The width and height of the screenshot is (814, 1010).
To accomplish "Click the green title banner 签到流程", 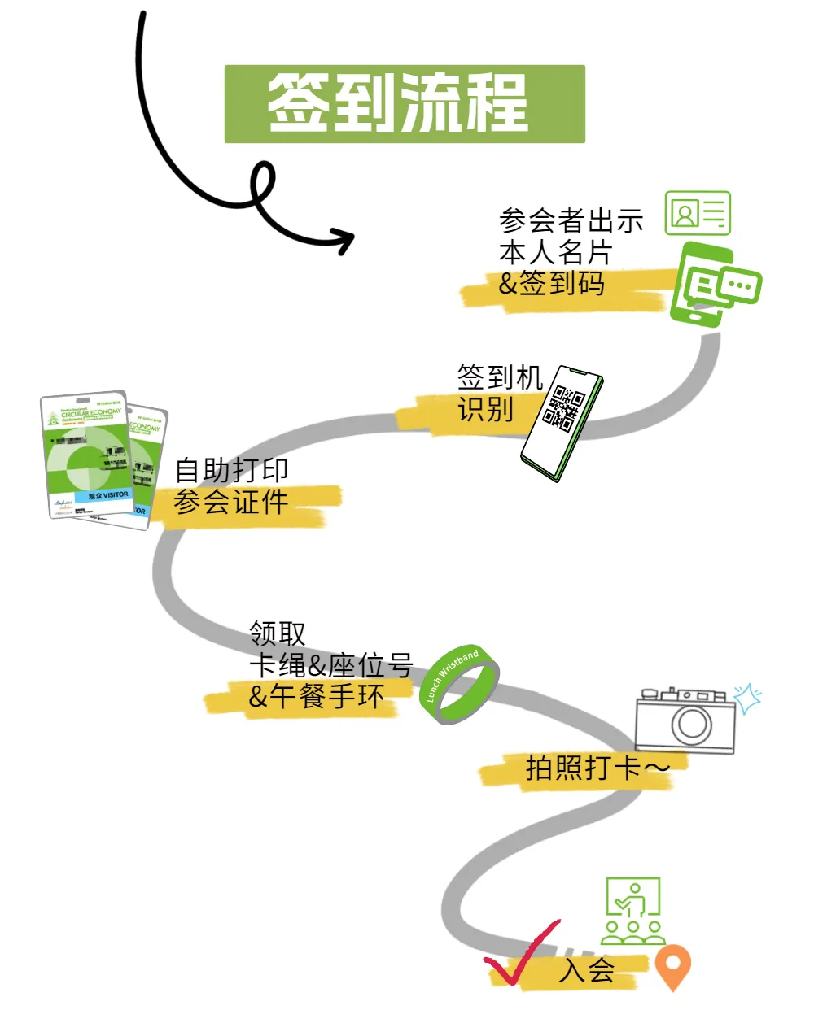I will point(405,104).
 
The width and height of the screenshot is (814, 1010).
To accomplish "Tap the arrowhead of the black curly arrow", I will point(345,240).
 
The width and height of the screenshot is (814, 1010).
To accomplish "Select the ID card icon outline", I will point(698,213).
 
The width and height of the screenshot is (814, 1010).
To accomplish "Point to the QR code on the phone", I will point(564,407).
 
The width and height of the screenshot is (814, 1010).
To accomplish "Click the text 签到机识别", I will point(498,393).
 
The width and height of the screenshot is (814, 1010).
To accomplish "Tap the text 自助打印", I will point(231,470).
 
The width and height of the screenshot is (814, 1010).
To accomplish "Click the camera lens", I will point(691,722).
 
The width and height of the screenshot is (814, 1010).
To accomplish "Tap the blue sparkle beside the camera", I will point(747,698).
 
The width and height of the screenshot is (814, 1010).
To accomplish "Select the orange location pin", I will point(672,965).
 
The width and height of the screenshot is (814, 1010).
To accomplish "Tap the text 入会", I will point(587,969).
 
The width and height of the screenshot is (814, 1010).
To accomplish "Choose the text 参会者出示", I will point(571,220).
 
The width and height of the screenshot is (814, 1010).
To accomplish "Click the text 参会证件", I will point(231,502).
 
